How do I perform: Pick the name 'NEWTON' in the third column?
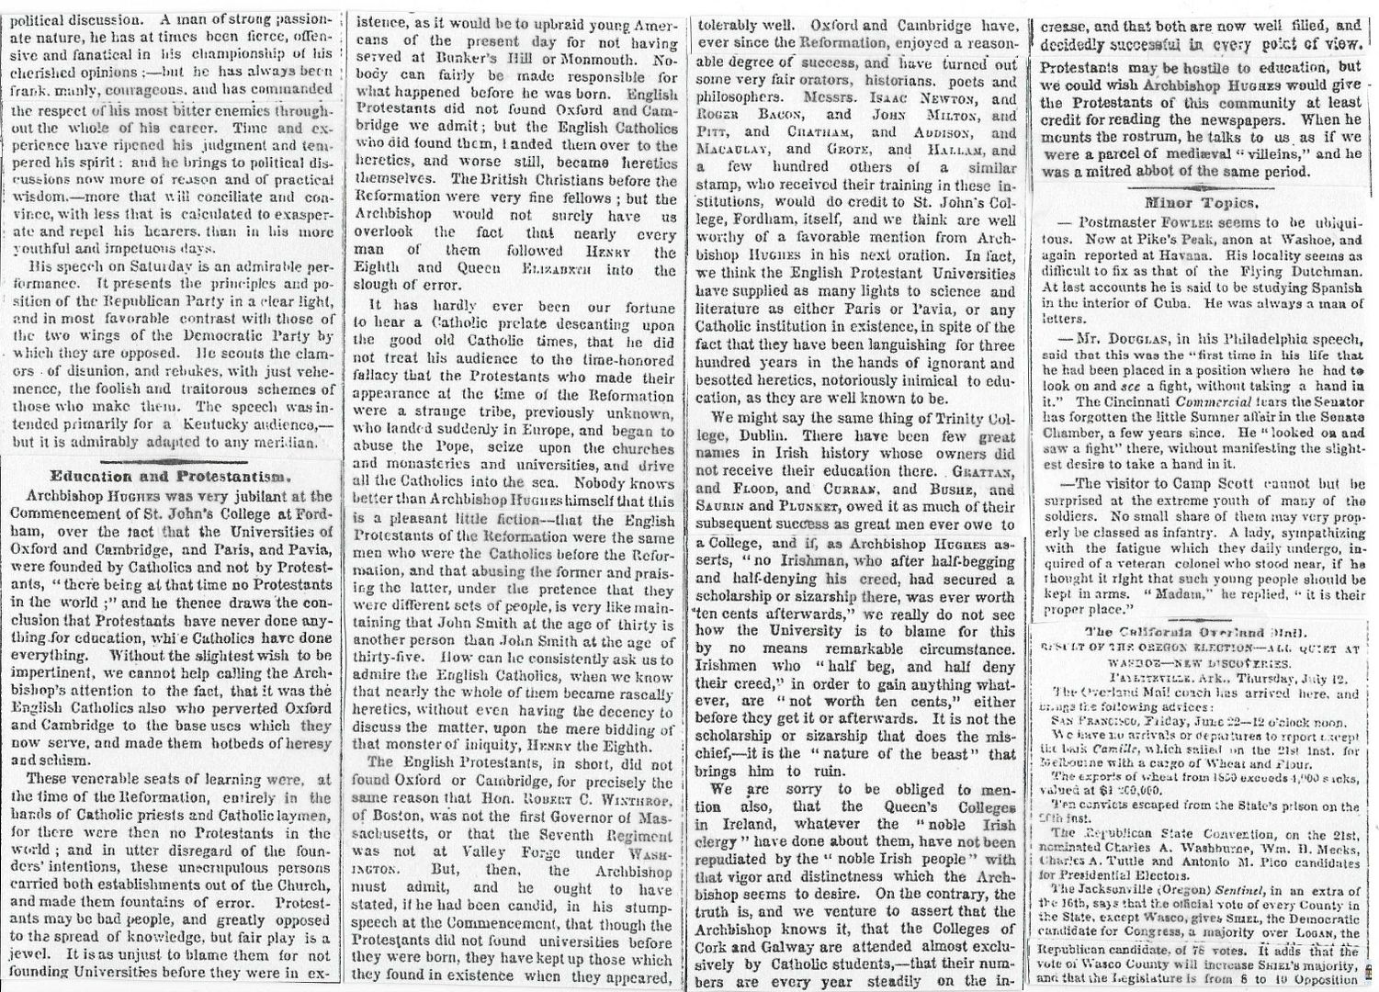pos(966,100)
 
